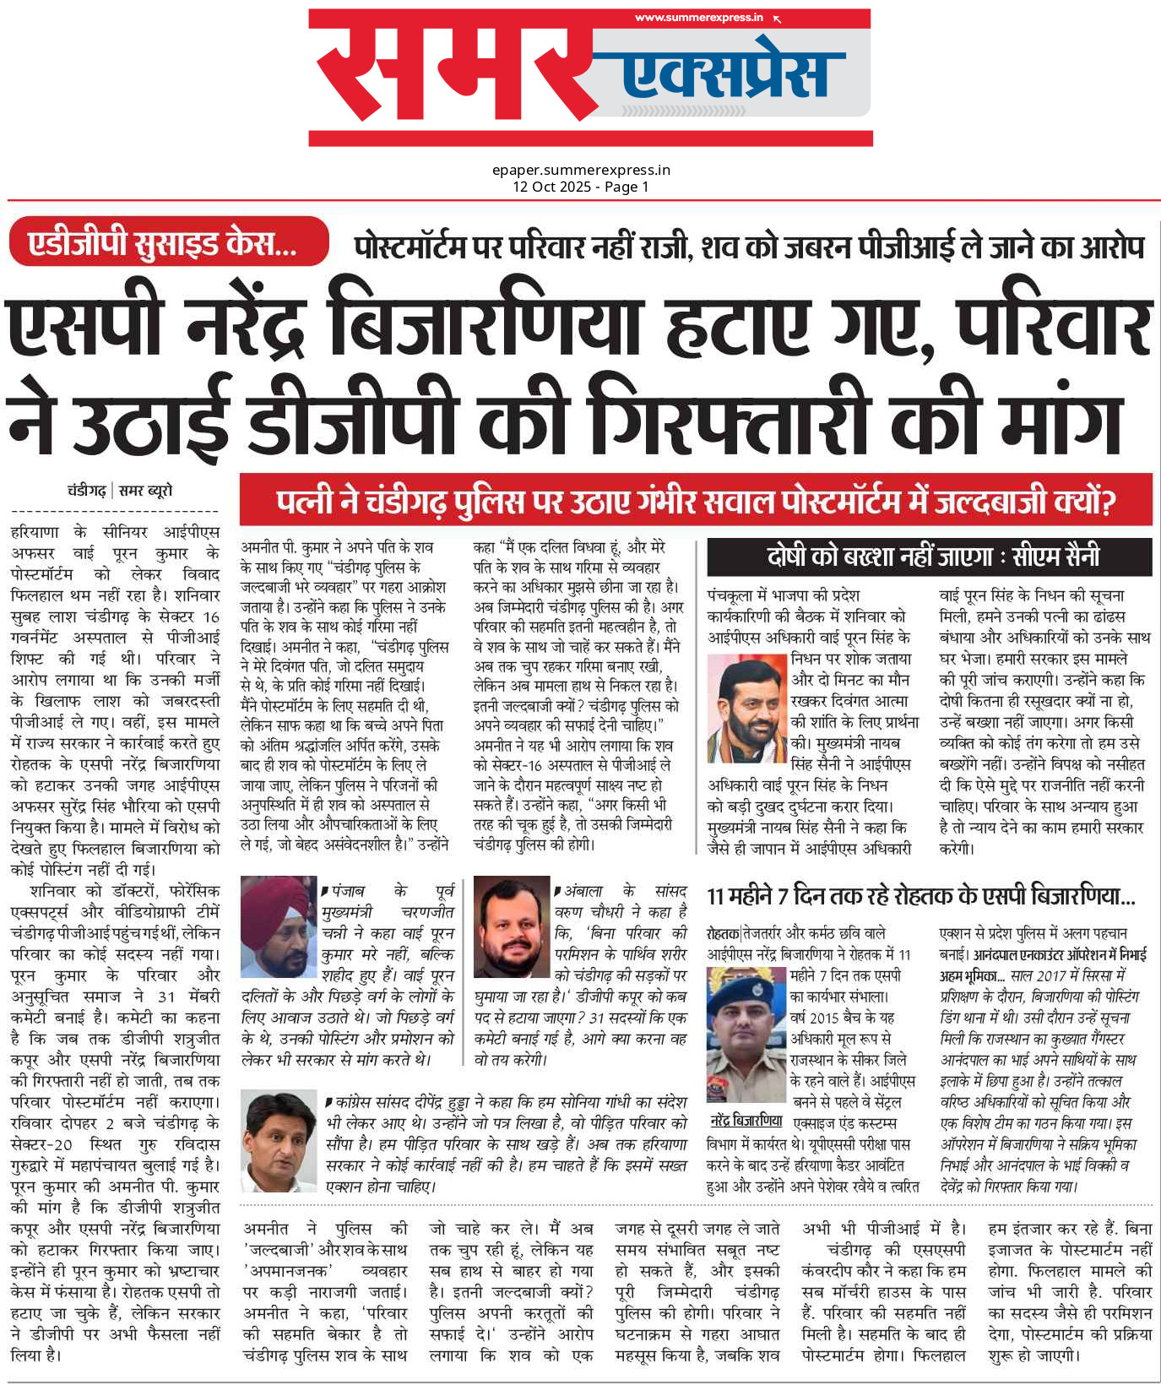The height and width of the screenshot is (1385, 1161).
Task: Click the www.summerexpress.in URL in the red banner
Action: (x=698, y=18)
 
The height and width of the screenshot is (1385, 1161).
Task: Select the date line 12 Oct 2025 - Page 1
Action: (x=581, y=187)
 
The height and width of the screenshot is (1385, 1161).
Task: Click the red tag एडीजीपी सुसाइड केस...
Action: (x=164, y=243)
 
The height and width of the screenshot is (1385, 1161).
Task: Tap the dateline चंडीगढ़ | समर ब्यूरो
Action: (x=120, y=491)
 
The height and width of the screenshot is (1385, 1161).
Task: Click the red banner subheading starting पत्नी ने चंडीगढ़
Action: (x=696, y=502)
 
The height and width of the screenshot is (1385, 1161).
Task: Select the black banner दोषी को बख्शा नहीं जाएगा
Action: (x=929, y=557)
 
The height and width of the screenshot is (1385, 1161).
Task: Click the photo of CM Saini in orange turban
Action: (x=746, y=708)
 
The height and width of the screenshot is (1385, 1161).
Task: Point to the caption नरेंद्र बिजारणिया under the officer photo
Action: (x=747, y=1120)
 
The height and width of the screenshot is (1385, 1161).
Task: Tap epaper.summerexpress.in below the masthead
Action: (x=581, y=170)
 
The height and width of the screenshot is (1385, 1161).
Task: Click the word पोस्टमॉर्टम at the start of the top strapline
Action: (x=410, y=247)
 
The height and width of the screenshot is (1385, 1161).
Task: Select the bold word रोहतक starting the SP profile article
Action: (x=723, y=934)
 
